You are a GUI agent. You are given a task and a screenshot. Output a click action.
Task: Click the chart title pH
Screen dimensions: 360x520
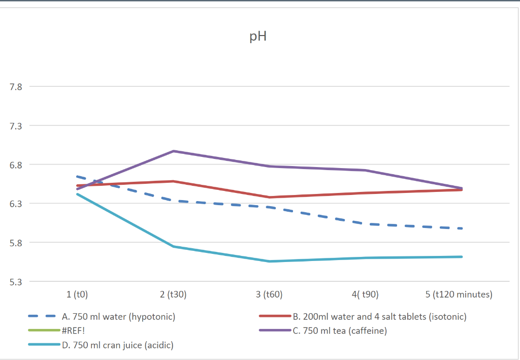[258, 37]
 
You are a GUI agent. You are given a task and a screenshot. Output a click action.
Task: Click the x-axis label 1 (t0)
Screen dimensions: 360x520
[77, 294]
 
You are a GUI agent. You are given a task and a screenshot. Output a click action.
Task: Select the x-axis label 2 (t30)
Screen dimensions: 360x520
[173, 294]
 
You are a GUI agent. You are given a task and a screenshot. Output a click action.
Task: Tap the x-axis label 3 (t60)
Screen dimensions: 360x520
[269, 294]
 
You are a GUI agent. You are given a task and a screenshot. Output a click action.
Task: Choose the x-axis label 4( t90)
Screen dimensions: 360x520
[365, 294]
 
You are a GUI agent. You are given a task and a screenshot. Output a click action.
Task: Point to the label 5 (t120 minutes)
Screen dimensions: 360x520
[459, 294]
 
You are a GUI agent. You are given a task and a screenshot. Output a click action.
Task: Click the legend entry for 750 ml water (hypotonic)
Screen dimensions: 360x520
[118, 317]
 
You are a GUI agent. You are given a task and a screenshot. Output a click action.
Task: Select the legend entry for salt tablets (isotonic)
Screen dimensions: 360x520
[379, 317]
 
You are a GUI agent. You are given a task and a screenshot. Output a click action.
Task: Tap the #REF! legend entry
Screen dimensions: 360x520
[73, 331]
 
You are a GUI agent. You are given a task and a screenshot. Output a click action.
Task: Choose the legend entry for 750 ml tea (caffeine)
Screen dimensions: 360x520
[340, 331]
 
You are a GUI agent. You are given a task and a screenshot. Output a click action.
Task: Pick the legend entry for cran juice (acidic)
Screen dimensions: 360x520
[117, 346]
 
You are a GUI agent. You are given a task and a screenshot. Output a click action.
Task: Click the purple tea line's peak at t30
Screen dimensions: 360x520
[173, 151]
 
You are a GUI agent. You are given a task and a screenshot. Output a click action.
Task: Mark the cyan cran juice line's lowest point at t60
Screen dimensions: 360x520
[269, 261]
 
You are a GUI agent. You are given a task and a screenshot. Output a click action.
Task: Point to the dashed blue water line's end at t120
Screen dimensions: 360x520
[461, 228]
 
